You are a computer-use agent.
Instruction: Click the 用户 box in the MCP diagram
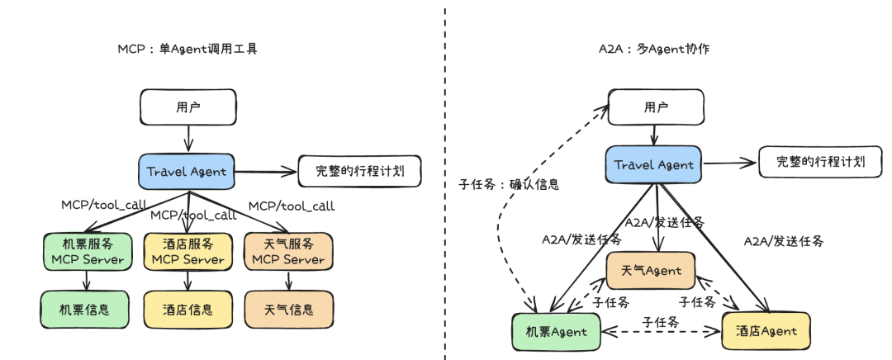(x=188, y=107)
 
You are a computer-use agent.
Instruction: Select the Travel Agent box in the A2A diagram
(x=653, y=165)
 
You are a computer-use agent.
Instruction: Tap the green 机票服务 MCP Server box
(x=88, y=251)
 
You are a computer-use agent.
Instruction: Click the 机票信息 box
(x=85, y=310)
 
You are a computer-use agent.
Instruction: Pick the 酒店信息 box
(x=188, y=310)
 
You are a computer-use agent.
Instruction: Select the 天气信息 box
(x=289, y=310)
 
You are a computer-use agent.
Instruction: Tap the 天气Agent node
(x=651, y=270)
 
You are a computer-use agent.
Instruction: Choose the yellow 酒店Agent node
(x=766, y=330)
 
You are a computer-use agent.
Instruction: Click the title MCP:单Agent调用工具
(x=187, y=50)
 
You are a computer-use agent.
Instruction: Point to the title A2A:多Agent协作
(x=653, y=50)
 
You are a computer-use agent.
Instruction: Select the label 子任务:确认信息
(x=509, y=184)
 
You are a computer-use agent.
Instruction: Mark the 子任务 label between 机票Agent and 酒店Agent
(x=660, y=322)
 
